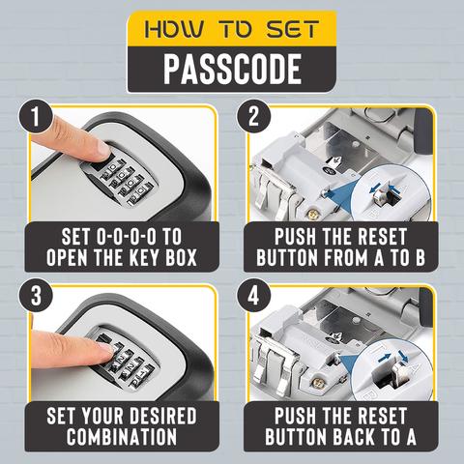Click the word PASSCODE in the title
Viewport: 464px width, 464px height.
232,70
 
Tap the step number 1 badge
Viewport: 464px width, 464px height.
36,116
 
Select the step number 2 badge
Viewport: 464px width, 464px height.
253,116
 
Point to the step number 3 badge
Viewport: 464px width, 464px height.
36,296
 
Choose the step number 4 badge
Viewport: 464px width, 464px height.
253,296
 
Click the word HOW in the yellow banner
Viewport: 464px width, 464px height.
174,29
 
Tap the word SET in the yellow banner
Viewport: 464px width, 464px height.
293,29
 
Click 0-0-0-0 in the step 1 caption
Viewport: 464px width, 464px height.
126,237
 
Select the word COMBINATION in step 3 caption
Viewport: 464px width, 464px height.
122,437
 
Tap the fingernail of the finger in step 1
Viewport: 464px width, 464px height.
102,149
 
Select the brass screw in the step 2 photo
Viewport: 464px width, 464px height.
311,214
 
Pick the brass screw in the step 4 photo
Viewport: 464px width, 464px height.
317,383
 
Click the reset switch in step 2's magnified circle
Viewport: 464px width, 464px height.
382,196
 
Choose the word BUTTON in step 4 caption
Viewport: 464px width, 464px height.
296,437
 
